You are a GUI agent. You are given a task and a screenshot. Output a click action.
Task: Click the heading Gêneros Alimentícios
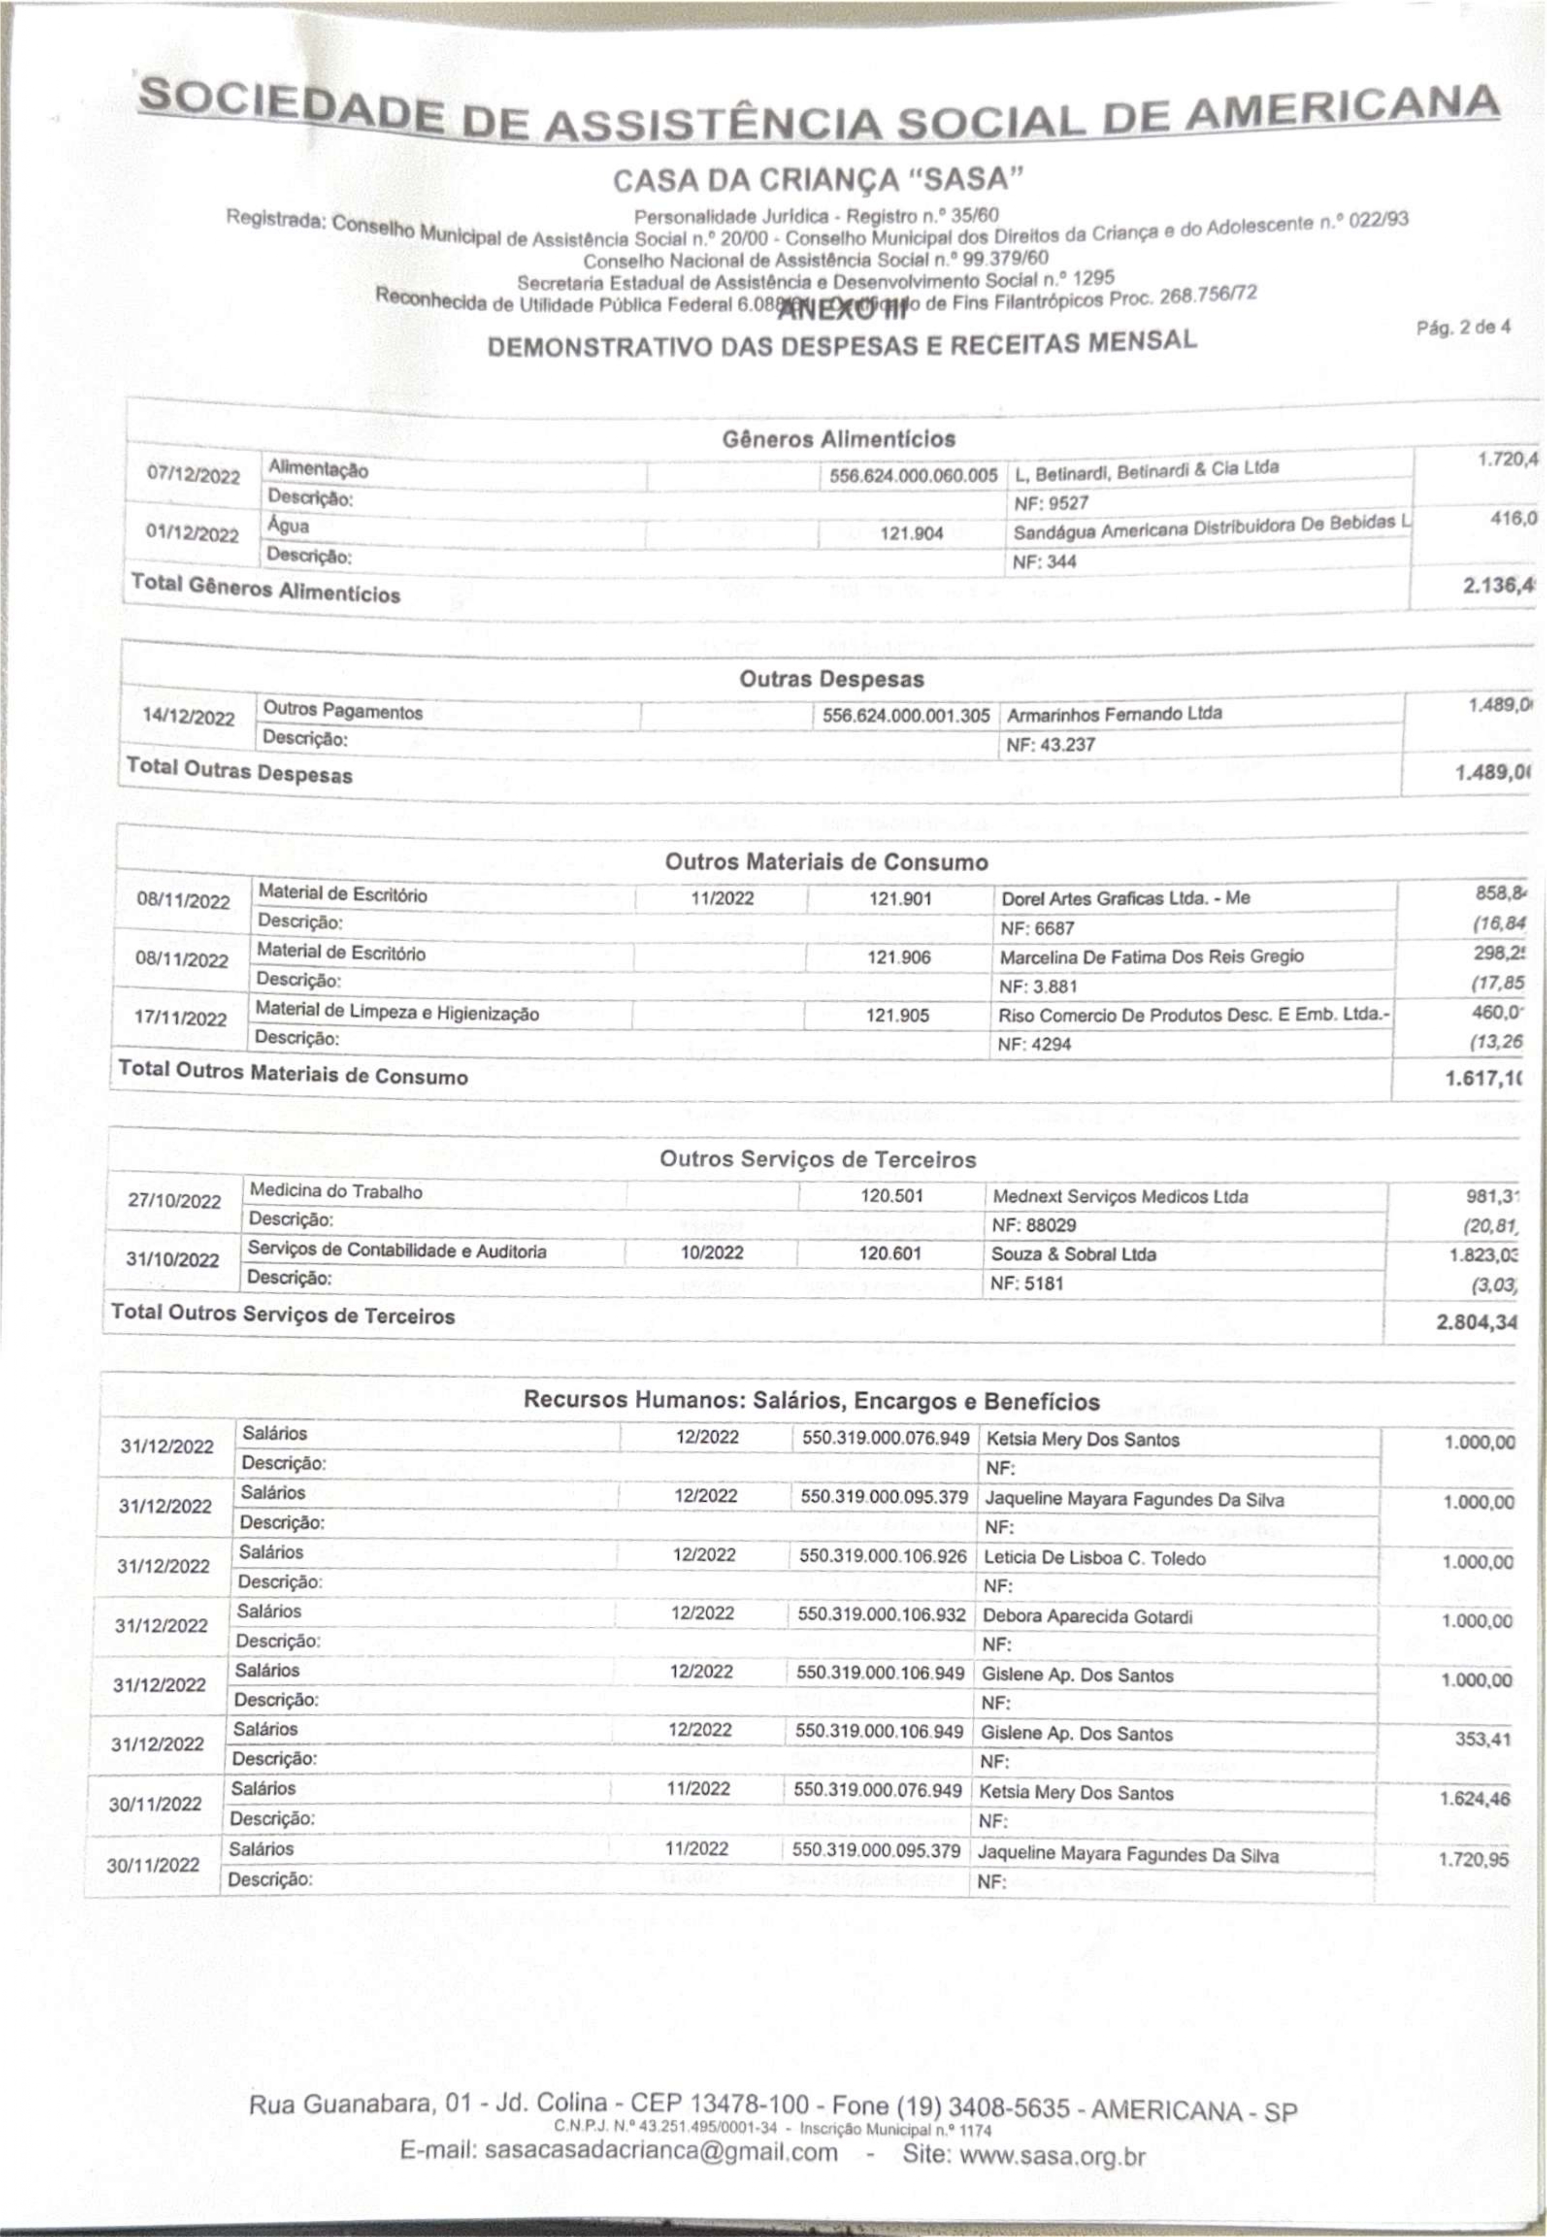pyautogui.click(x=839, y=439)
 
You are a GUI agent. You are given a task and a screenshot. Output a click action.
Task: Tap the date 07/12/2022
pyautogui.click(x=193, y=475)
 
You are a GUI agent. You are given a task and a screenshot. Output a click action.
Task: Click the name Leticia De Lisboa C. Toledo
pyautogui.click(x=1094, y=1558)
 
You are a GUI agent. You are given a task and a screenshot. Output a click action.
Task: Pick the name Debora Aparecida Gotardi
pyautogui.click(x=1088, y=1617)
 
